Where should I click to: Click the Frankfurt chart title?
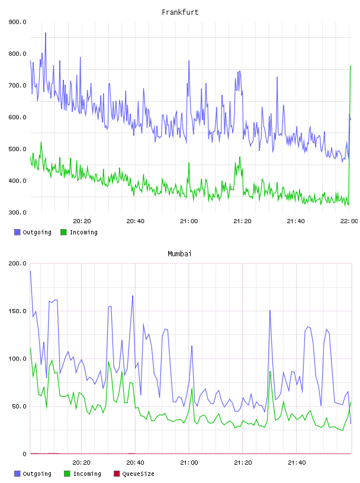(180, 12)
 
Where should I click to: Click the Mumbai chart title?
(179, 254)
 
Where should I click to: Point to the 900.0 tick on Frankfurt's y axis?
(18, 22)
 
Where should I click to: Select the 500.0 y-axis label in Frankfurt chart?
(18, 149)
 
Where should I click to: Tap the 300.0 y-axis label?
(18, 212)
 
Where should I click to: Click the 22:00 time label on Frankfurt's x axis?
(349, 221)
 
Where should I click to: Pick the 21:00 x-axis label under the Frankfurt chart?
(189, 221)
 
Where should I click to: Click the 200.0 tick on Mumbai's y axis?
(18, 263)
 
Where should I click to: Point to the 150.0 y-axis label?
(18, 311)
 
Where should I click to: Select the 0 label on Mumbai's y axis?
(24, 454)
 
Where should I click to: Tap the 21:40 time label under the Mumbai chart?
(297, 463)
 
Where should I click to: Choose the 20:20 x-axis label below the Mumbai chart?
(81, 463)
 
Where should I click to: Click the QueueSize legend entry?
(138, 474)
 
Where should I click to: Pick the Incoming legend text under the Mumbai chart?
(87, 474)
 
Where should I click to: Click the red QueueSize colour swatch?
(117, 474)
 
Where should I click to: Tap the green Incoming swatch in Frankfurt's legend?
(63, 232)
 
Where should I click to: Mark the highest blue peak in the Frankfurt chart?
(46, 33)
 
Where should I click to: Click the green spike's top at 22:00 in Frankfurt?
(351, 66)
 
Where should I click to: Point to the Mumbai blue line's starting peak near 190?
(31, 271)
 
